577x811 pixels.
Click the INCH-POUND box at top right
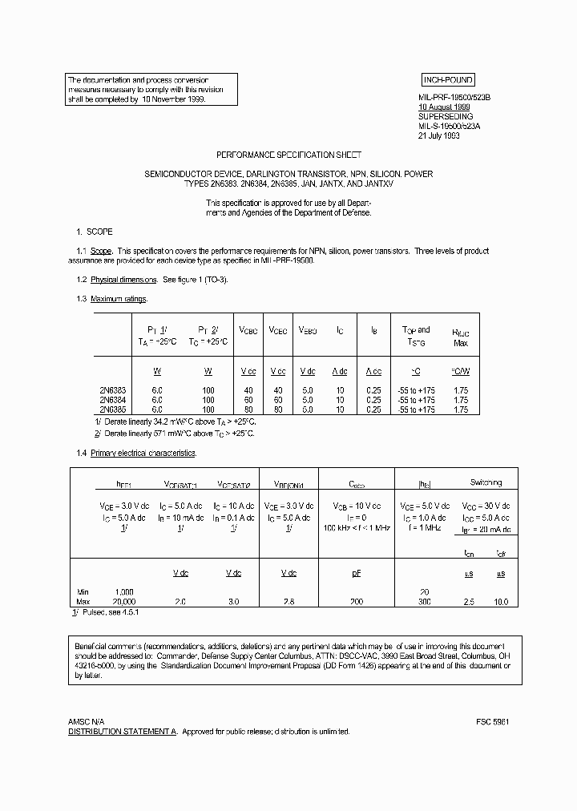pos(448,80)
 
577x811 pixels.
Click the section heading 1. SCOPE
pos(94,231)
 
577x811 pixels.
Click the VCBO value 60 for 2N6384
pos(248,400)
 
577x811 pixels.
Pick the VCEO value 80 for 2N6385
pos(277,409)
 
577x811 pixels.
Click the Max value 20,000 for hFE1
pos(123,601)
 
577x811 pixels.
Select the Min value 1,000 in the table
pos(123,592)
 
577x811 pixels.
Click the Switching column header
pos(485,482)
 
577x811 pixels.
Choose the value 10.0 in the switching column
pos(501,601)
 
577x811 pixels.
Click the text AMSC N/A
pos(86,722)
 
